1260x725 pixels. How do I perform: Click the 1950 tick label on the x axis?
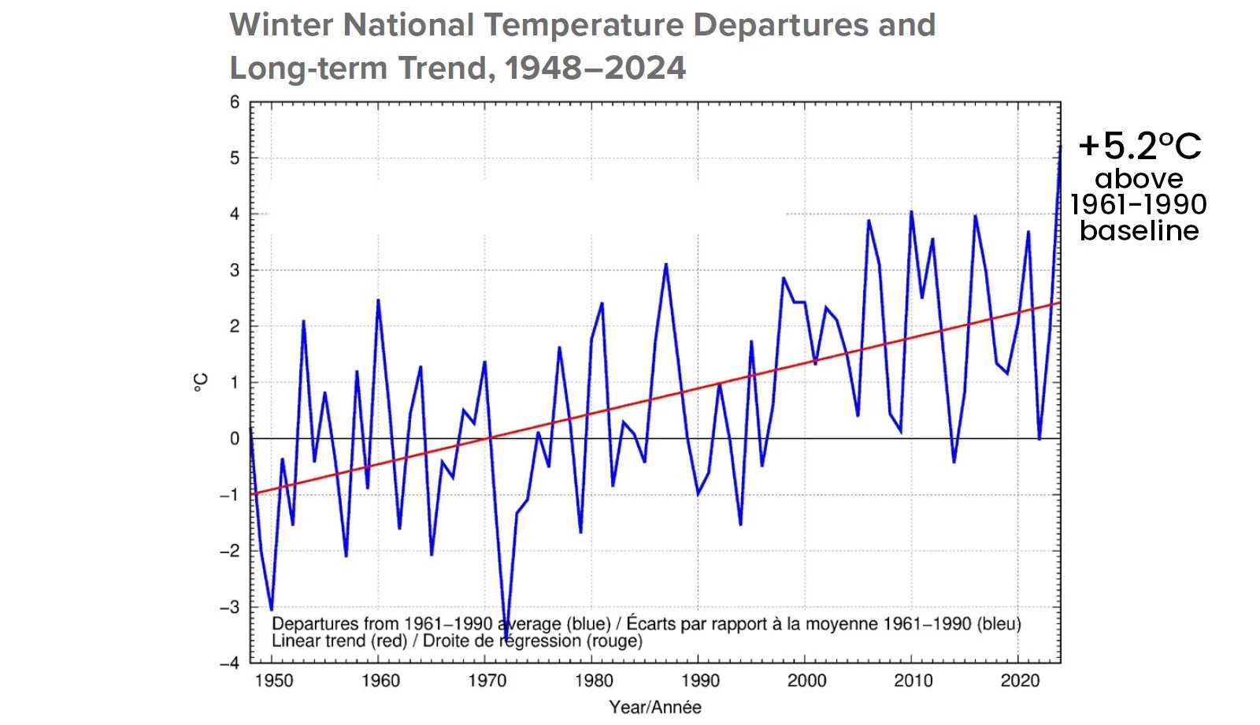coord(273,681)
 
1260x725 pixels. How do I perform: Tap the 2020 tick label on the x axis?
coord(1020,681)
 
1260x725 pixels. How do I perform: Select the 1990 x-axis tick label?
coord(700,681)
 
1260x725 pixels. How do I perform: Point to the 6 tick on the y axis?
coord(235,102)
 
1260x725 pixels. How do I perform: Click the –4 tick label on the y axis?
coord(230,664)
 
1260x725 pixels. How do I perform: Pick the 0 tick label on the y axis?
coord(235,439)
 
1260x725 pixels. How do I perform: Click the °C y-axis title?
coord(202,383)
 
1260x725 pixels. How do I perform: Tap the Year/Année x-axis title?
coord(655,707)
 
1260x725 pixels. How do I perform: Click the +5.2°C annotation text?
coord(1140,147)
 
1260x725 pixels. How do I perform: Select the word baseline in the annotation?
coord(1140,231)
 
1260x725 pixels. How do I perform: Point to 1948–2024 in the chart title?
coord(595,69)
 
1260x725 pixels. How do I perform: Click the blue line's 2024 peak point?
coord(1060,146)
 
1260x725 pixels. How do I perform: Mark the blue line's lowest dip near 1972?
coord(506,637)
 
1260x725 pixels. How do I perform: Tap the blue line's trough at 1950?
coord(272,609)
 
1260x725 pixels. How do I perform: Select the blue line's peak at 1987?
coord(666,265)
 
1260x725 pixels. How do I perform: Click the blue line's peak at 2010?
coord(911,211)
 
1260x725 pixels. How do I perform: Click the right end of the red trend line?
coord(1059,303)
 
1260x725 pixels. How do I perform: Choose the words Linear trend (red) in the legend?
coord(339,641)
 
